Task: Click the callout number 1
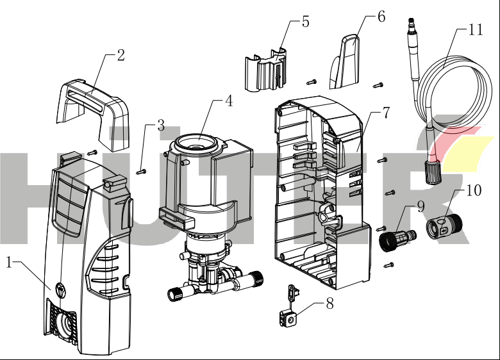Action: tap(10, 262)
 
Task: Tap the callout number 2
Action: tap(120, 55)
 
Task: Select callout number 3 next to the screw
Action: tap(161, 125)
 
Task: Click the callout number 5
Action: tap(305, 22)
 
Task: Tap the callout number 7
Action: tap(385, 113)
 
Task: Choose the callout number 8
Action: tap(329, 304)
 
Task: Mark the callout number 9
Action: tap(421, 206)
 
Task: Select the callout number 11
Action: tap(475, 30)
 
